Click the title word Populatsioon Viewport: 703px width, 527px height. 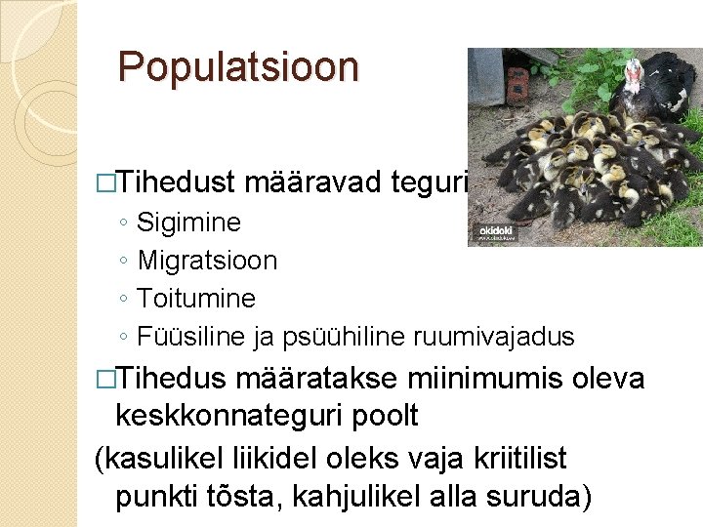[x=238, y=67]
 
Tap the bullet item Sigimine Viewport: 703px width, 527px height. [x=189, y=223]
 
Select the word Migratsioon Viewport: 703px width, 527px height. [x=207, y=261]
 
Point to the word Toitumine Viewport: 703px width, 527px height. [x=196, y=299]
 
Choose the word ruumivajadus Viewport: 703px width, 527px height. [x=494, y=337]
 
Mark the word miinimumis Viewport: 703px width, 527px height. [x=489, y=378]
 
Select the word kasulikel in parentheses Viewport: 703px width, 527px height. [x=162, y=457]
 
